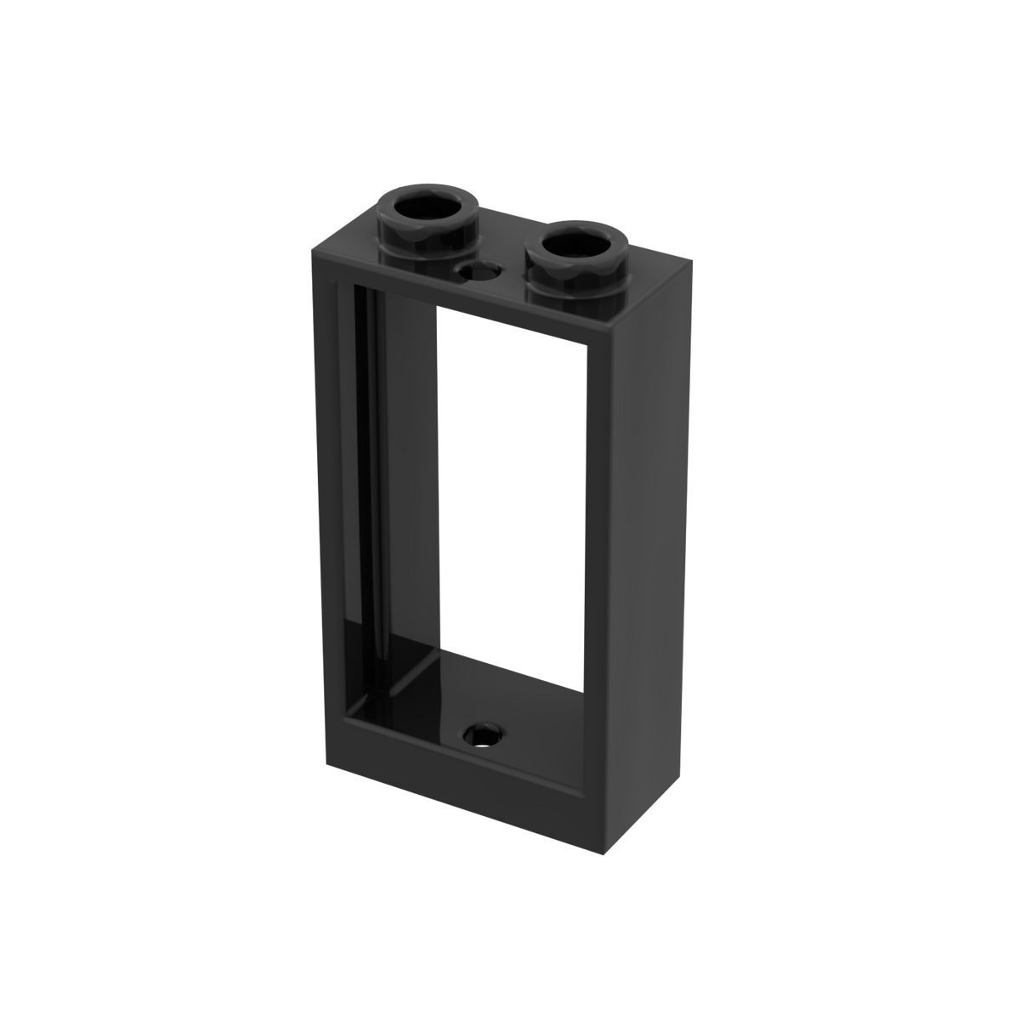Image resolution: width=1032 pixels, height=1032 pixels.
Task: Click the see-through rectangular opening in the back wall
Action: point(510,493)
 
